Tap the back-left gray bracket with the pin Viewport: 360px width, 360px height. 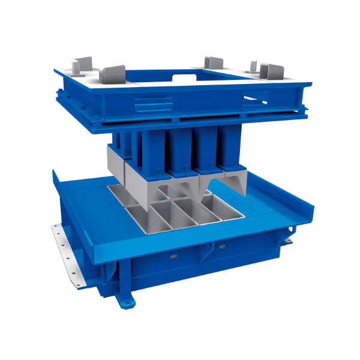click(x=83, y=64)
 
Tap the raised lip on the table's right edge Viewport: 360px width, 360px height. click(x=303, y=207)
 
